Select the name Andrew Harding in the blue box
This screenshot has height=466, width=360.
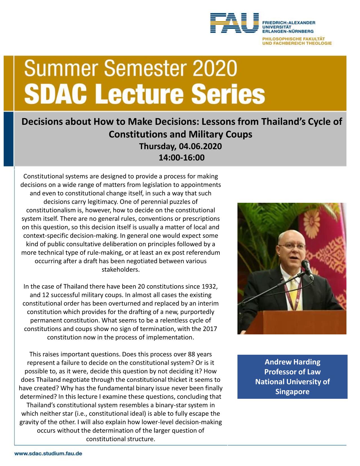(292, 362)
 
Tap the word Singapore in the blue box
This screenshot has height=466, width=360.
(292, 392)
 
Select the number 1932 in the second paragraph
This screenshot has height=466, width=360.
(209, 287)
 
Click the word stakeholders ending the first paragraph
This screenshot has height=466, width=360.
(121, 269)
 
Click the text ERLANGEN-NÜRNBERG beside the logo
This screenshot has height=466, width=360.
(287, 31)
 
